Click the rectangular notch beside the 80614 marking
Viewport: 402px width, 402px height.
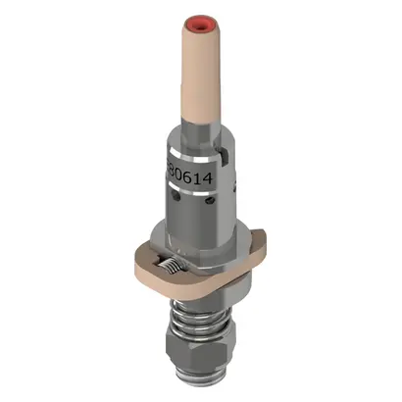(x=226, y=154)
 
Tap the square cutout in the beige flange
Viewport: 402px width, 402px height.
(x=169, y=262)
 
